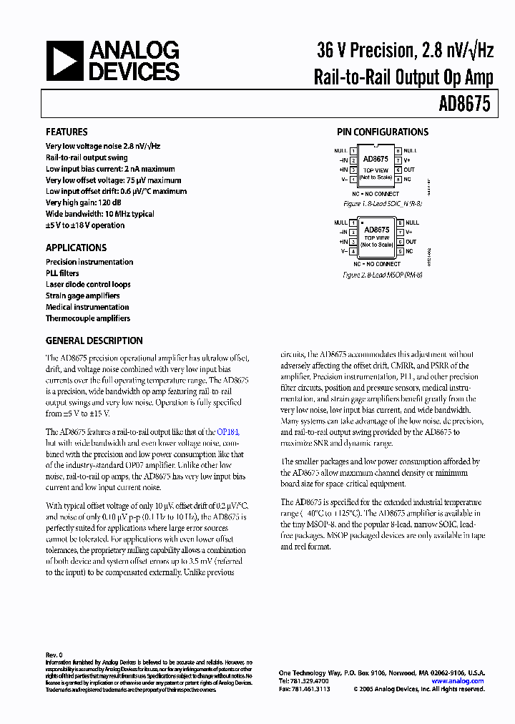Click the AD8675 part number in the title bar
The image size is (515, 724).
click(x=464, y=104)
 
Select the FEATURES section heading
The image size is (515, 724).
click(x=67, y=132)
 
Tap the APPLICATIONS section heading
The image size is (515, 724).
click(x=76, y=248)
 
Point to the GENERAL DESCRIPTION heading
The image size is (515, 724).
click(x=94, y=341)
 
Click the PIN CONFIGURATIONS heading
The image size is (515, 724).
click(x=383, y=132)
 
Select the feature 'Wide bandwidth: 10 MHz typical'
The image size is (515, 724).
click(x=99, y=214)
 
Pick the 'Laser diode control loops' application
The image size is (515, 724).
click(x=88, y=284)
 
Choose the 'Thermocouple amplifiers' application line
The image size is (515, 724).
click(x=88, y=318)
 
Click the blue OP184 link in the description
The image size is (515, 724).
click(x=228, y=432)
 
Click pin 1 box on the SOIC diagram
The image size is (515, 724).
click(x=353, y=151)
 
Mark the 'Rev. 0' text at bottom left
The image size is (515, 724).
click(x=54, y=655)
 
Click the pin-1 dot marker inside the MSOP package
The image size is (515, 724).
click(x=364, y=223)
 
